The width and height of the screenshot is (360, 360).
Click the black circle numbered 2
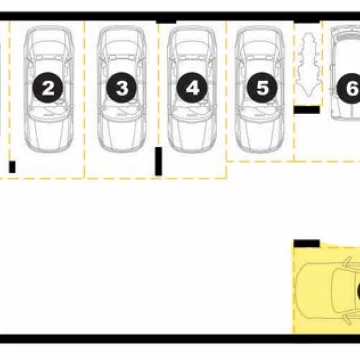click(48, 87)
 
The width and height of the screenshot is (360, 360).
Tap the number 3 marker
click(122, 87)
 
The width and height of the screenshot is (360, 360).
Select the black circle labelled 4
click(192, 87)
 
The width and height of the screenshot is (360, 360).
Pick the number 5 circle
click(262, 87)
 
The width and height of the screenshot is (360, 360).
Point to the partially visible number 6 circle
click(349, 89)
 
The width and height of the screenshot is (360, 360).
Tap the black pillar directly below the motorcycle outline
click(307, 110)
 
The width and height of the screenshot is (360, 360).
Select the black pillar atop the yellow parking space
click(307, 243)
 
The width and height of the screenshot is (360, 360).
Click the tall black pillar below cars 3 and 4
click(159, 161)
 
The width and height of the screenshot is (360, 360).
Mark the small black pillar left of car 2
click(12, 167)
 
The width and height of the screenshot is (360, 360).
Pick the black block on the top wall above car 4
click(166, 22)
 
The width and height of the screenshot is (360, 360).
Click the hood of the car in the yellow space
click(313, 290)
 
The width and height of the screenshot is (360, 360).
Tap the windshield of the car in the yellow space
click(341, 291)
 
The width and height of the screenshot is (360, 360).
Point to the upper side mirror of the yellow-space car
click(347, 261)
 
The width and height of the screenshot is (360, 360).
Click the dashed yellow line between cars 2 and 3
click(84, 99)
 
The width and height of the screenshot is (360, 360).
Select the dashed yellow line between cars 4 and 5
click(226, 99)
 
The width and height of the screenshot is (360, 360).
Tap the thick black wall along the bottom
click(180, 339)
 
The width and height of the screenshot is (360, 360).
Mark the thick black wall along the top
click(180, 16)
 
